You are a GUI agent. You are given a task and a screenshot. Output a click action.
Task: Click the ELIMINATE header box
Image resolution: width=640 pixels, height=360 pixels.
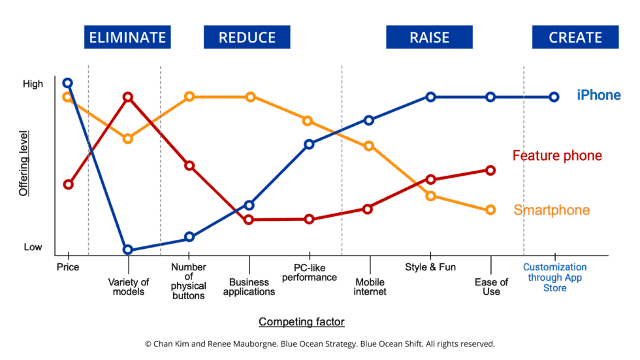click(x=127, y=37)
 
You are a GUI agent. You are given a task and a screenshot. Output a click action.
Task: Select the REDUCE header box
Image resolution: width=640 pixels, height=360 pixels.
click(x=247, y=37)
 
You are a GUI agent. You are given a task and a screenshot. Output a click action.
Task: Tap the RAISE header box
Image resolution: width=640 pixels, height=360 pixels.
click(x=429, y=37)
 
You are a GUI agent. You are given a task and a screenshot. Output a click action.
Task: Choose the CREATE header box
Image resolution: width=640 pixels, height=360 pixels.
click(x=575, y=37)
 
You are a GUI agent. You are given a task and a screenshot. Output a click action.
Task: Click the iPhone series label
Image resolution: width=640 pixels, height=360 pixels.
click(x=598, y=95)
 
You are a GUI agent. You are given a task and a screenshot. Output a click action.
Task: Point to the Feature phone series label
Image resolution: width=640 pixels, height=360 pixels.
click(x=557, y=155)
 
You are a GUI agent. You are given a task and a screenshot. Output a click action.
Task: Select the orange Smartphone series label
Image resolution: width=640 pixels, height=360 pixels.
click(x=551, y=210)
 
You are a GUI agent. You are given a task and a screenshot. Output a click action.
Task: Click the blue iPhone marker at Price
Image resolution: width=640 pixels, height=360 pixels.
click(x=67, y=83)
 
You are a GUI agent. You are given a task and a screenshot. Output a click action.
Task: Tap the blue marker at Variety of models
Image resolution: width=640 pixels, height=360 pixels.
click(x=128, y=250)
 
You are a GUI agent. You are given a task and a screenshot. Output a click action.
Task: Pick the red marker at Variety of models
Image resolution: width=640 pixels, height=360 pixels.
click(x=128, y=97)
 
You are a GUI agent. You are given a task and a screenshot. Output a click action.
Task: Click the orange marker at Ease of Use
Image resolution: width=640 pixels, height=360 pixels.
click(x=490, y=210)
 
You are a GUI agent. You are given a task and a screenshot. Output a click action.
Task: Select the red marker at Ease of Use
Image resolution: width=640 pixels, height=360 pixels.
click(x=490, y=171)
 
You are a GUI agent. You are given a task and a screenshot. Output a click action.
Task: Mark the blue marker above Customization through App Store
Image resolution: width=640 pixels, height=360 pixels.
click(x=554, y=97)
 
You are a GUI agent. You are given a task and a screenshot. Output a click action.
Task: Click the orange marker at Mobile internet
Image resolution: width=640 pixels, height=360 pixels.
click(x=369, y=146)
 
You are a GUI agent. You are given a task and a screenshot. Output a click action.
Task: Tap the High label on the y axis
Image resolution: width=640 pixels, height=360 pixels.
click(x=33, y=84)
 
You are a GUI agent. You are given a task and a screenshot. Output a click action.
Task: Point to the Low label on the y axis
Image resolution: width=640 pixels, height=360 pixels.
click(x=33, y=247)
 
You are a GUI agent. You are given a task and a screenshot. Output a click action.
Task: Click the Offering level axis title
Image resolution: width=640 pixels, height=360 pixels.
click(x=24, y=163)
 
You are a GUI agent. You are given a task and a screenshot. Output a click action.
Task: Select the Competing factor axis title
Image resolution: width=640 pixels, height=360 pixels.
click(x=301, y=321)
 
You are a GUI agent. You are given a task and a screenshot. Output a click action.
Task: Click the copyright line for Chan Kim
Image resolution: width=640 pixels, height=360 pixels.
click(x=319, y=343)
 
